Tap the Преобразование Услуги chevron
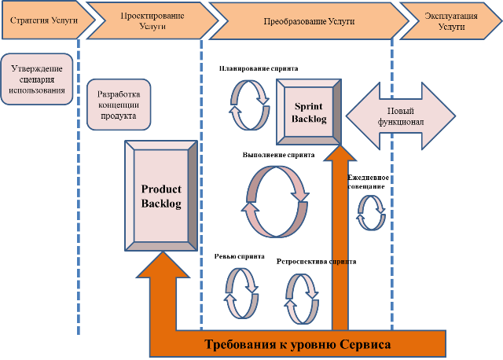[x=303, y=20]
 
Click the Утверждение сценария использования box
[x=37, y=79]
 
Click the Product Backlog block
[x=161, y=197]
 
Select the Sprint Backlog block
[x=310, y=111]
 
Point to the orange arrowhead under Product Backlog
[x=162, y=266]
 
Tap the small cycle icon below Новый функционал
[x=371, y=212]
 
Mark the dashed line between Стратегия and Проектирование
[x=79, y=197]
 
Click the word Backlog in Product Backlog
[x=161, y=204]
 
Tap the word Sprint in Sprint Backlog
[x=310, y=105]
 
